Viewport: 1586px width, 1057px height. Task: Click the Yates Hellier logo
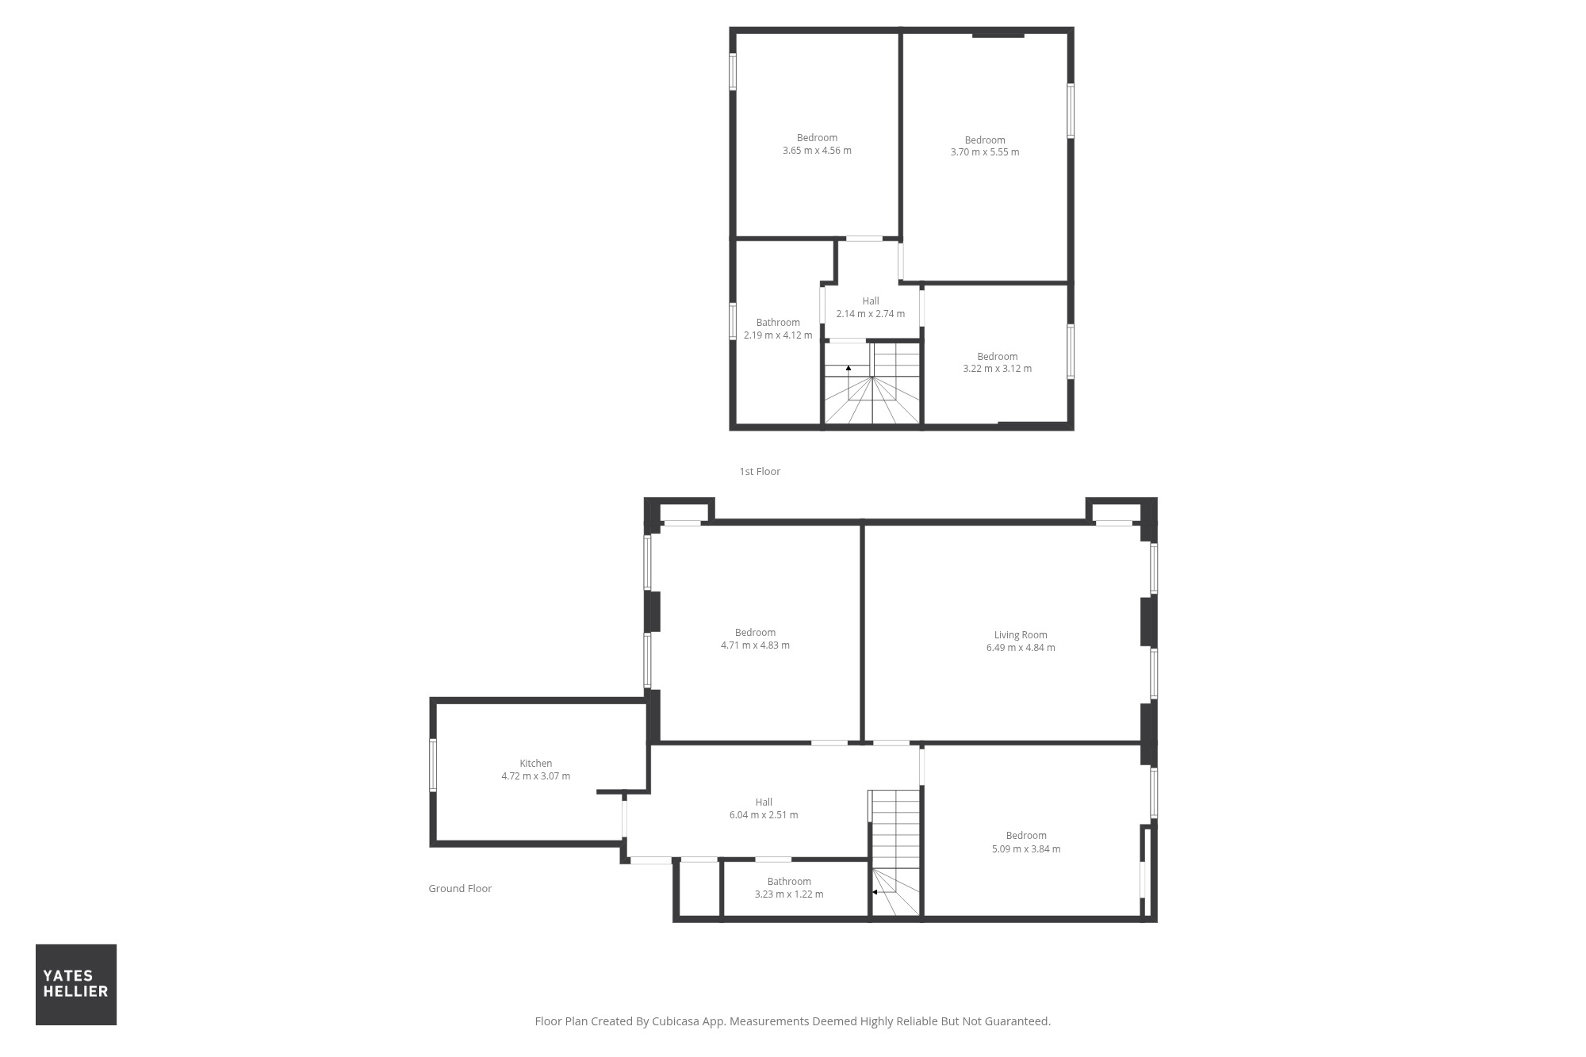pyautogui.click(x=76, y=984)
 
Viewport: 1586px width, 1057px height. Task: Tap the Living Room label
pyautogui.click(x=1021, y=634)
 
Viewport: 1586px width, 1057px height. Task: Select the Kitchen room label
pyautogui.click(x=536, y=763)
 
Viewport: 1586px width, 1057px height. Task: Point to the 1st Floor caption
pyautogui.click(x=760, y=471)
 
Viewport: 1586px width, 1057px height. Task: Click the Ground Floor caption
pyautogui.click(x=460, y=888)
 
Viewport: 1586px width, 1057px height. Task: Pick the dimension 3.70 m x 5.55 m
pyautogui.click(x=985, y=152)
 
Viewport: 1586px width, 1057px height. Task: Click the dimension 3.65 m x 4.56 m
pyautogui.click(x=817, y=151)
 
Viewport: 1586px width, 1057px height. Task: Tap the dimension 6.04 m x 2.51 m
pyautogui.click(x=764, y=815)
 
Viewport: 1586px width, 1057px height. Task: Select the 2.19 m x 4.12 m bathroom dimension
pyautogui.click(x=778, y=335)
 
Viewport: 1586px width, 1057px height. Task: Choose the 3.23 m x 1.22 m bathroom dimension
pyautogui.click(x=789, y=894)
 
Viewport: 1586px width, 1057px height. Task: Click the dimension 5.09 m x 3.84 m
pyautogui.click(x=1026, y=848)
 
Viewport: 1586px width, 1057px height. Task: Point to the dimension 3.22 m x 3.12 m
pyautogui.click(x=998, y=369)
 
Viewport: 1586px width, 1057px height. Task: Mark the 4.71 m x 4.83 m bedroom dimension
pyautogui.click(x=755, y=645)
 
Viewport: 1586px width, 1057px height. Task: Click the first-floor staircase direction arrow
pyautogui.click(x=849, y=368)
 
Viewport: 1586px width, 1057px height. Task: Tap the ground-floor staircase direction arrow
pyautogui.click(x=875, y=892)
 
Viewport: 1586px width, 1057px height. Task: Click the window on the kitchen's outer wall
pyautogui.click(x=433, y=765)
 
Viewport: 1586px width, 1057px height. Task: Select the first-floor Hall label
pyautogui.click(x=871, y=301)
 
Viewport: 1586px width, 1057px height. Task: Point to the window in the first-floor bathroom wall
pyautogui.click(x=733, y=321)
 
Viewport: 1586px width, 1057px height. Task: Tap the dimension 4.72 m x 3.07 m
pyautogui.click(x=536, y=776)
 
